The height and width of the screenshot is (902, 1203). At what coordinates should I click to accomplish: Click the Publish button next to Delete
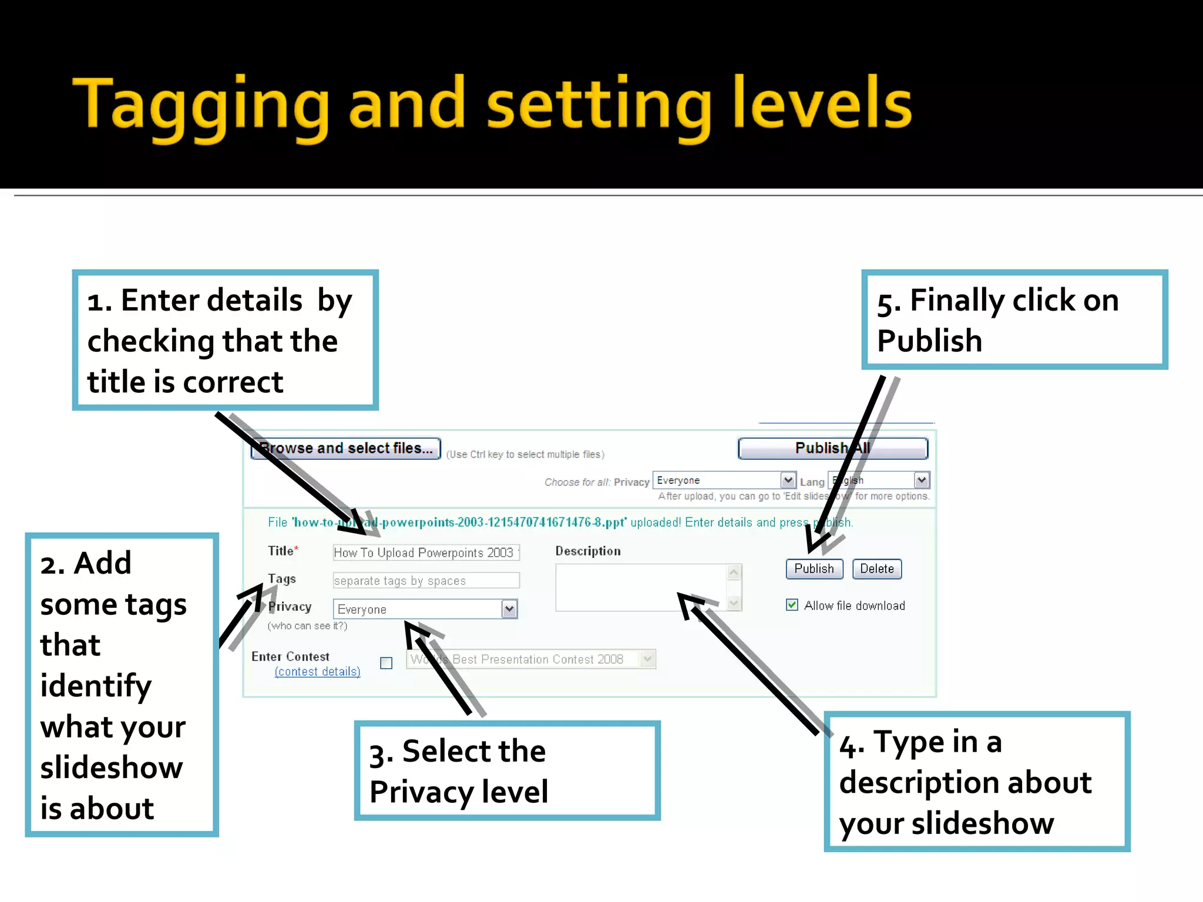[x=814, y=568]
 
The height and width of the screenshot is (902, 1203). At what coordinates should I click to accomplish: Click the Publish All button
[x=832, y=448]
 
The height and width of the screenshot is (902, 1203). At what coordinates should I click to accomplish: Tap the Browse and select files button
[x=345, y=449]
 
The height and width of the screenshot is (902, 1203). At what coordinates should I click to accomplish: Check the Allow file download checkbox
[x=792, y=605]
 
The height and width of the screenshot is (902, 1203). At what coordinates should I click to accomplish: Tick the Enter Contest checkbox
[x=386, y=663]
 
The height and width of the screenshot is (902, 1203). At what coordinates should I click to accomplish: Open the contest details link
[x=317, y=671]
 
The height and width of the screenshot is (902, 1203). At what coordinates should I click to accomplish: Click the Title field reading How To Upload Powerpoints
[x=425, y=553]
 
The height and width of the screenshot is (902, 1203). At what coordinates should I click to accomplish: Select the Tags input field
[x=425, y=581]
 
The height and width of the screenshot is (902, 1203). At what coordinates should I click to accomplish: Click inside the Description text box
[x=640, y=587]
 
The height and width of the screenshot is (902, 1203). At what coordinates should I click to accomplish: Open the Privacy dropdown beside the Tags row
[x=509, y=609]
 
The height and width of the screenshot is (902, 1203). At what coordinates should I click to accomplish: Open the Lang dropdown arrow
[x=922, y=480]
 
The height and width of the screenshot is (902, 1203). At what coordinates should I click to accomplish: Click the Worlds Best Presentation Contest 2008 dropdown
[x=530, y=659]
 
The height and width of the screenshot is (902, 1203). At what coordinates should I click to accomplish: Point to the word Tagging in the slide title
[x=200, y=106]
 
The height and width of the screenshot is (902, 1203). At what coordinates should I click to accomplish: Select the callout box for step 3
[x=507, y=770]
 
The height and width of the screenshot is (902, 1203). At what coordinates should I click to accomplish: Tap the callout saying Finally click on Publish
[x=1014, y=319]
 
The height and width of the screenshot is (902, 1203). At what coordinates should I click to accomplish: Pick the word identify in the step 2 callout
[x=96, y=686]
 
